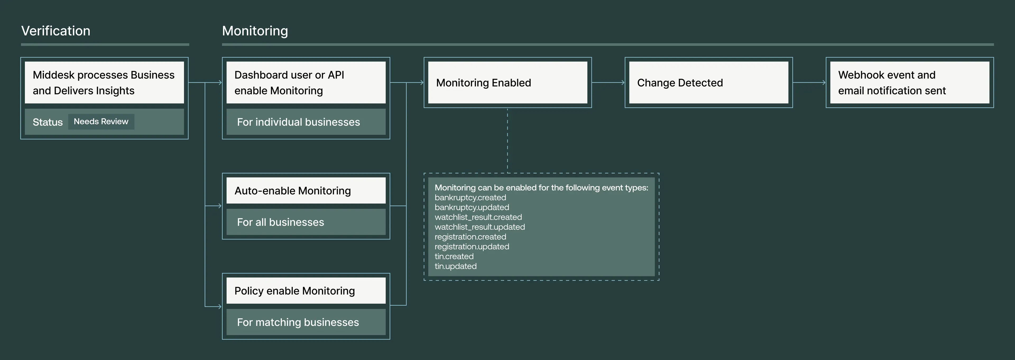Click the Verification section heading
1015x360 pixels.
56,31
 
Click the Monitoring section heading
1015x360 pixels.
255,31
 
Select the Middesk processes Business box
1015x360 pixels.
104,83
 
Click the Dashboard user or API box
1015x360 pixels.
306,83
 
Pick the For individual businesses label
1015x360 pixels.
298,122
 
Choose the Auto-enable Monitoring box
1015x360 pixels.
306,191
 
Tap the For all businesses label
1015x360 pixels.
280,222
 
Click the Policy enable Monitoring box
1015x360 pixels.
306,291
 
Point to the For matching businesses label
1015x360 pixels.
298,322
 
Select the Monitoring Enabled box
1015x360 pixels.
508,83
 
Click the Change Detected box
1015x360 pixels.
708,83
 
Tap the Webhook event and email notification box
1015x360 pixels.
909,83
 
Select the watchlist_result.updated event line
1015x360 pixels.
479,227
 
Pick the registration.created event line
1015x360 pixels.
470,237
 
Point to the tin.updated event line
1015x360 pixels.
455,266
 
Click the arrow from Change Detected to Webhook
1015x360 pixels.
809,83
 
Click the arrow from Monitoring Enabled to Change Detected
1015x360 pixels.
608,83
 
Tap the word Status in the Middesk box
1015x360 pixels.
47,122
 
